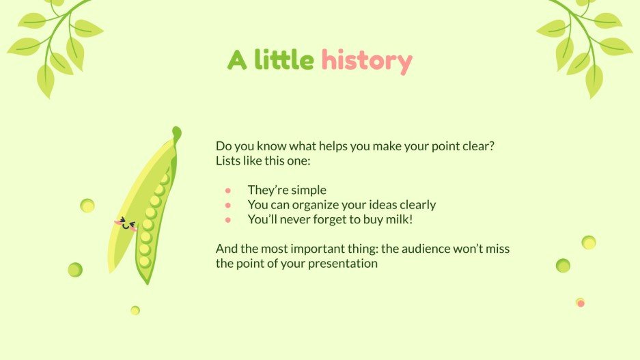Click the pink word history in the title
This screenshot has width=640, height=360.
pyautogui.click(x=367, y=61)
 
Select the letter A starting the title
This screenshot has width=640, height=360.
pyautogui.click(x=237, y=61)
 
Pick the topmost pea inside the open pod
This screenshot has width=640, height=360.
pyautogui.click(x=165, y=179)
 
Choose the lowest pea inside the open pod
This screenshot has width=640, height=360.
pyautogui.click(x=144, y=262)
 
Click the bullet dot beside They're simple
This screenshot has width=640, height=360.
pyautogui.click(x=228, y=191)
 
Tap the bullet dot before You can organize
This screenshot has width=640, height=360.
pyautogui.click(x=228, y=205)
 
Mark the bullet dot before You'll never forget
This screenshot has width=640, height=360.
pyautogui.click(x=228, y=219)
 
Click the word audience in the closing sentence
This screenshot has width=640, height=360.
pyautogui.click(x=428, y=249)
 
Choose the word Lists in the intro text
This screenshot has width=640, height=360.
pyautogui.click(x=229, y=161)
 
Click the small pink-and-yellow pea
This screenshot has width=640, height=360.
pyautogui.click(x=580, y=302)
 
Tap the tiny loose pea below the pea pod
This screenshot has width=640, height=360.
pyautogui.click(x=135, y=310)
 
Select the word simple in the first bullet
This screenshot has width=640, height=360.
pyautogui.click(x=309, y=191)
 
